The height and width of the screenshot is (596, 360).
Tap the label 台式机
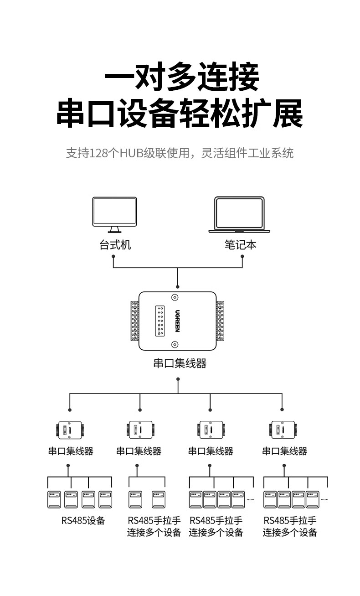115,245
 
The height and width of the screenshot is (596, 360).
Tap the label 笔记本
240,245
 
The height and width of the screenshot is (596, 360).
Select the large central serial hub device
177,321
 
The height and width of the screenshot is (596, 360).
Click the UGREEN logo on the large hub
178,321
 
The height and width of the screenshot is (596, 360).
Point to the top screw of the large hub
175,298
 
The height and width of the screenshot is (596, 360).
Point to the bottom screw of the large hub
175,344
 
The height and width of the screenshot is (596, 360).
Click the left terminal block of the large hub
135,321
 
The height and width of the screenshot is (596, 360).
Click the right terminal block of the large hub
220,321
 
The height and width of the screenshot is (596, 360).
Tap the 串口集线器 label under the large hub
180,363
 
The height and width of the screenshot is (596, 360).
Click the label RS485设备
83,520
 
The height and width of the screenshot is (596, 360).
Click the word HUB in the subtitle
130,153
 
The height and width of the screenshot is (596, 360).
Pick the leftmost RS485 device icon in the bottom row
54,500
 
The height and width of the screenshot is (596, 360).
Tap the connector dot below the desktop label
113,256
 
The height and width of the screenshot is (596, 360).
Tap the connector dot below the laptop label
242,256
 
